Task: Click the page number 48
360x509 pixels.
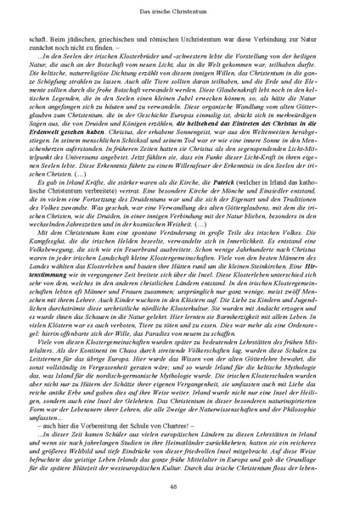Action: [x=179, y=486]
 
